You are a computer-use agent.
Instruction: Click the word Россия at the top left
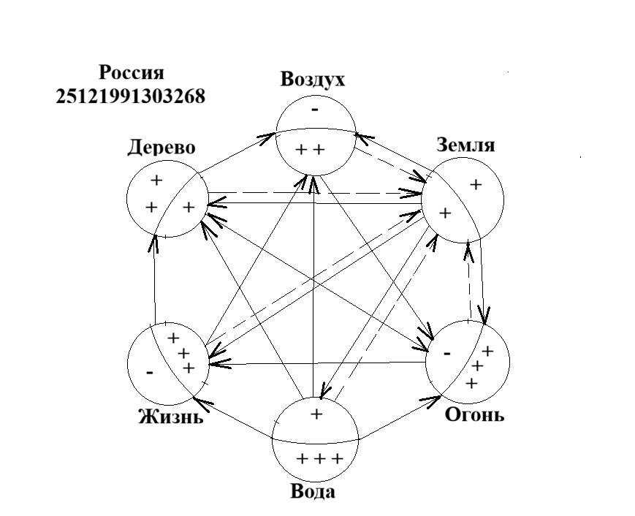pyautogui.click(x=132, y=73)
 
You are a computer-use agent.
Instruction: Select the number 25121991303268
pyautogui.click(x=131, y=96)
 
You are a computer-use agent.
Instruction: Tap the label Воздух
pyautogui.click(x=312, y=80)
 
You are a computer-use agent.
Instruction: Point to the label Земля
pyautogui.click(x=465, y=145)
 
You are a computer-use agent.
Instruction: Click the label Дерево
pyautogui.click(x=161, y=148)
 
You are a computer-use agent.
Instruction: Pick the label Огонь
pyautogui.click(x=474, y=415)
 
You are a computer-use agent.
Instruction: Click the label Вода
pyautogui.click(x=313, y=491)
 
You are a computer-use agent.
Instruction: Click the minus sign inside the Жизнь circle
pyautogui.click(x=149, y=372)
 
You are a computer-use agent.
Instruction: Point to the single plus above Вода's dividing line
pyautogui.click(x=316, y=414)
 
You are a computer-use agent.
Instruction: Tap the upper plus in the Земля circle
pyautogui.click(x=476, y=185)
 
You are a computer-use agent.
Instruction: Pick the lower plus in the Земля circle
pyautogui.click(x=444, y=213)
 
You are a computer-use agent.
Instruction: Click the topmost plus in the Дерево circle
pyautogui.click(x=156, y=179)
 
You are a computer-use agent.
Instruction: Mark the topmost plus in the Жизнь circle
pyautogui.click(x=174, y=338)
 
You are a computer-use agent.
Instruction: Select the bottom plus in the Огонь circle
pyautogui.click(x=471, y=383)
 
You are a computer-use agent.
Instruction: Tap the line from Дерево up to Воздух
pyautogui.click(x=233, y=153)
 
